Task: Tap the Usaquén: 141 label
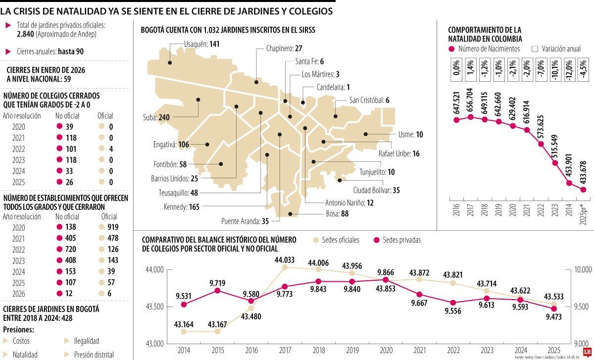pos(201,44)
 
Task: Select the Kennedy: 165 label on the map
pos(181,206)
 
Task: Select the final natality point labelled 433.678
pos(583,189)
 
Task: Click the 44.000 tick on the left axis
pos(153,270)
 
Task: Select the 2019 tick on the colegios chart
pos(352,350)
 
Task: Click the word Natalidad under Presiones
pos(25,355)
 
